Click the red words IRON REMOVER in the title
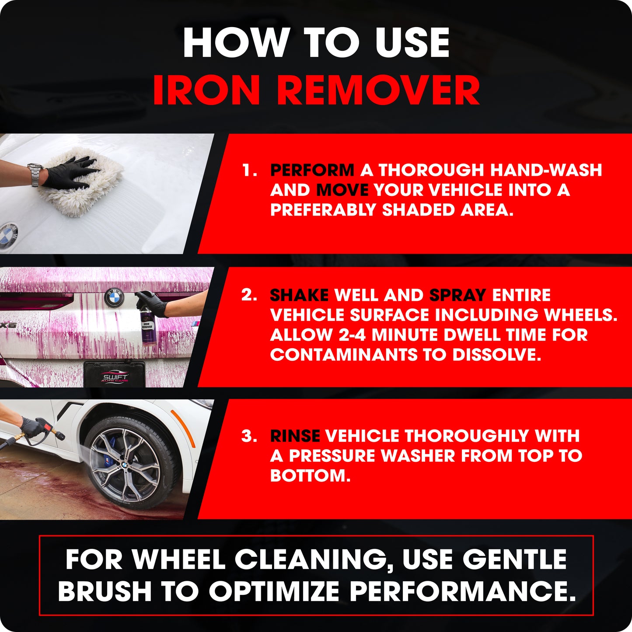coord(317,90)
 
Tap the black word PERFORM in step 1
coord(312,170)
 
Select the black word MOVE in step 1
coord(342,190)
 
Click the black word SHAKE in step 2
coord(299,295)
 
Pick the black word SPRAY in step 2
coord(458,295)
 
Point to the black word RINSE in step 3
coord(295,436)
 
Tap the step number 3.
coord(249,436)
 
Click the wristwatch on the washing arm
coord(35,175)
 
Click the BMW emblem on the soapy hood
coord(8,233)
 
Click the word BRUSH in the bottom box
coord(105,591)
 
